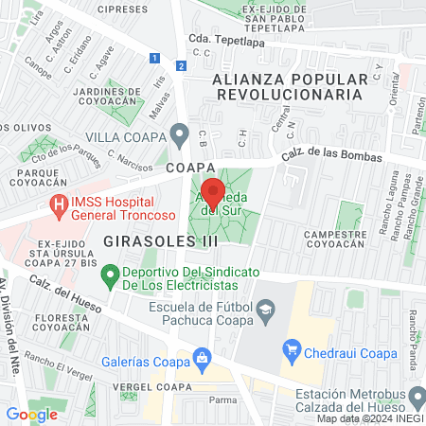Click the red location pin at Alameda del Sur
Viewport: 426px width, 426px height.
[x=213, y=192]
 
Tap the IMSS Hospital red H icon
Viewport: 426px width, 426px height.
[x=60, y=203]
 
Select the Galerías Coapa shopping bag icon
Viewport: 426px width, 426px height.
[x=201, y=357]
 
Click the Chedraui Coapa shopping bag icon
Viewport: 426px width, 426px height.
[x=293, y=354]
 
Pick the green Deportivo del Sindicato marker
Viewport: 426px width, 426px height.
[x=111, y=276]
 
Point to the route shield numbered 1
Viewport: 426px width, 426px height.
[x=153, y=58]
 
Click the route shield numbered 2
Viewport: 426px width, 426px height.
[x=181, y=65]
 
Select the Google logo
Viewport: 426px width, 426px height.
[x=31, y=414]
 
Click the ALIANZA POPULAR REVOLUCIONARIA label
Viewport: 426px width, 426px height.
[x=288, y=86]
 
